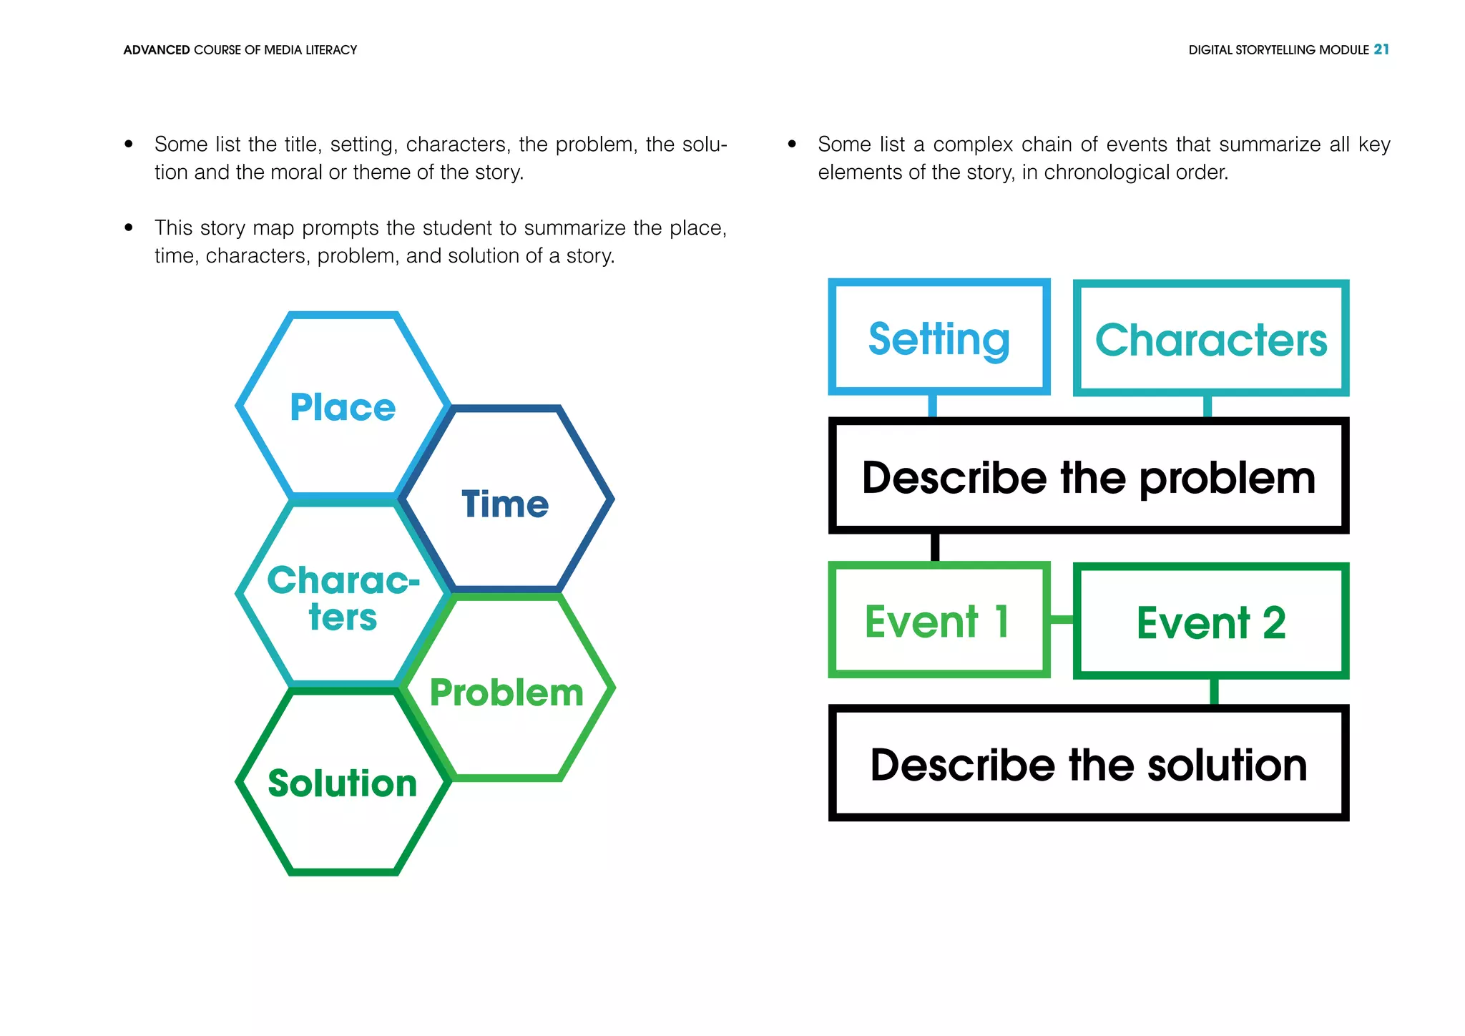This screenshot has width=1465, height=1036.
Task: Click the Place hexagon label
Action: (343, 408)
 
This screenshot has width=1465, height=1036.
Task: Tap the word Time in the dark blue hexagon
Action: (505, 504)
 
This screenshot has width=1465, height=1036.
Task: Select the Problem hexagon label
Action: (506, 693)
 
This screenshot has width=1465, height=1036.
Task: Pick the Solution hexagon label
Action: (343, 783)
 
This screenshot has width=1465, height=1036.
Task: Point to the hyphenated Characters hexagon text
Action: (343, 598)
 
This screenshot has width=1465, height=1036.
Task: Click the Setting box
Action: (939, 338)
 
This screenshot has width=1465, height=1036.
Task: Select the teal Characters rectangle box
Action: (1211, 339)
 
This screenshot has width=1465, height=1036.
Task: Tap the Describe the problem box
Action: (1088, 477)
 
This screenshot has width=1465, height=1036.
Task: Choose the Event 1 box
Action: (939, 620)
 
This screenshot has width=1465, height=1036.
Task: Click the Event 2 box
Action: (1211, 622)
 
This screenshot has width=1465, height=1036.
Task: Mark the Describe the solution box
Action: (1088, 764)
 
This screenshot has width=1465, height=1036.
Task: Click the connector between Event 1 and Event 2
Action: (1062, 620)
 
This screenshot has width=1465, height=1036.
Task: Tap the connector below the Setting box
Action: (932, 406)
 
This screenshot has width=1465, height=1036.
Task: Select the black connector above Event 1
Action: (935, 547)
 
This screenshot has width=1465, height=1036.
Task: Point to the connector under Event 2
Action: (1214, 691)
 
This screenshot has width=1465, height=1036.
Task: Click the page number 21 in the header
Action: (1381, 49)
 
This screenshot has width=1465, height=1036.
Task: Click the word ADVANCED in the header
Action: (156, 50)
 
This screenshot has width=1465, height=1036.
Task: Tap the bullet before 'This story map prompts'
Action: (129, 228)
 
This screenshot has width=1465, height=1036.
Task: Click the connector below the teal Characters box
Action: (1207, 406)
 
